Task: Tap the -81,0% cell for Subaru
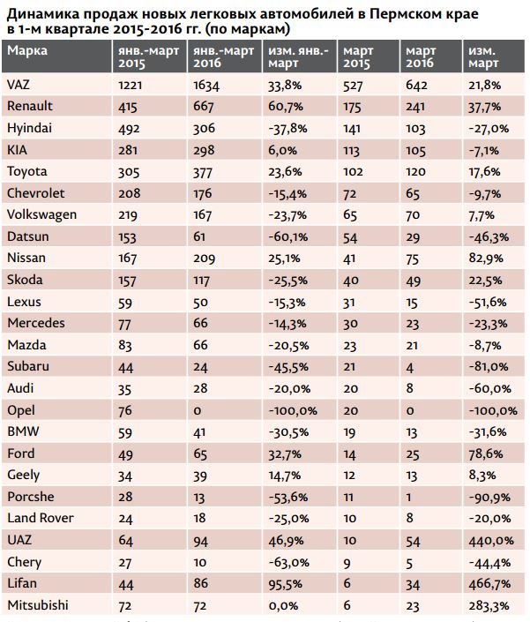(x=487, y=366)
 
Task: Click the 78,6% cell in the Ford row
(x=485, y=453)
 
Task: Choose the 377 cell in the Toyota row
(x=204, y=171)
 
